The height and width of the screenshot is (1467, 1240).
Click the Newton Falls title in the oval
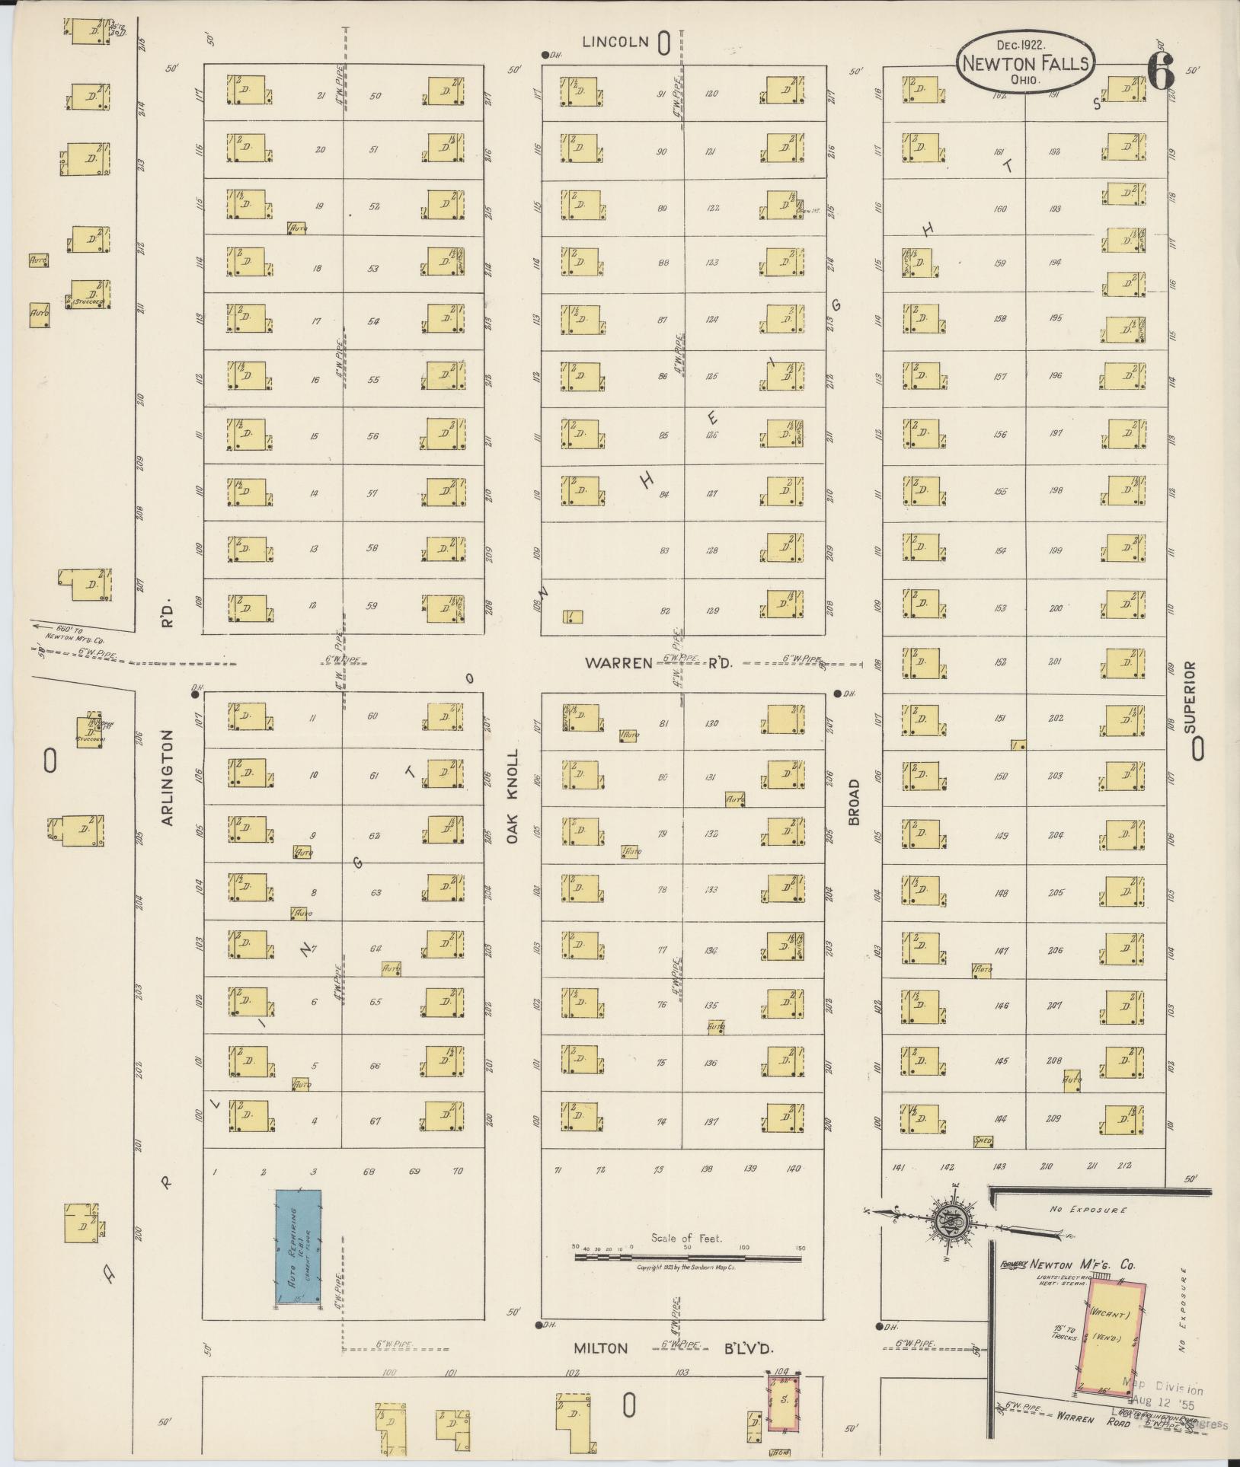(1025, 64)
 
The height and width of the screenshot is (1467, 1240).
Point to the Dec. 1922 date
(1021, 46)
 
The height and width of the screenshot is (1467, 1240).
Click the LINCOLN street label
(615, 42)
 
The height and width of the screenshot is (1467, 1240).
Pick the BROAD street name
(853, 802)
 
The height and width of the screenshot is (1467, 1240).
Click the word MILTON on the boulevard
(601, 1348)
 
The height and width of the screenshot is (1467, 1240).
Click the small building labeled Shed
(983, 1141)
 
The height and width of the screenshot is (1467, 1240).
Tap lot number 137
(711, 1121)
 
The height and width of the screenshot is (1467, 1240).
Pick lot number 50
(375, 96)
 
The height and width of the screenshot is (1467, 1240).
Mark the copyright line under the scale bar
(685, 1267)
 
